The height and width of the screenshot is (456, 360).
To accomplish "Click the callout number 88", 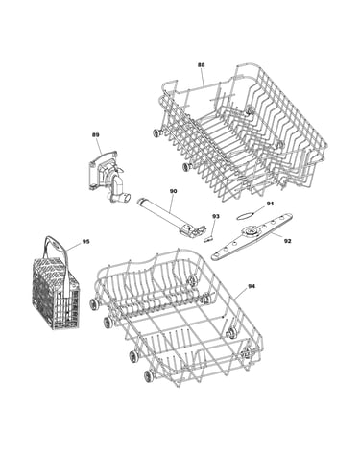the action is pos(201,65).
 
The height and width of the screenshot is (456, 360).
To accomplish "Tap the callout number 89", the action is pos(95,135).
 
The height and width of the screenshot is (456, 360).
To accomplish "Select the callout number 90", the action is pos(173,191).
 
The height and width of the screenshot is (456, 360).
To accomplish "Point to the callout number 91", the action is pos(271,204).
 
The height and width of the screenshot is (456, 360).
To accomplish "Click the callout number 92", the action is pos(287,241).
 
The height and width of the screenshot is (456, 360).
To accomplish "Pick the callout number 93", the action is pos(216,217).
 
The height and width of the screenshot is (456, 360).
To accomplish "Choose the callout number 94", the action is pos(252,287).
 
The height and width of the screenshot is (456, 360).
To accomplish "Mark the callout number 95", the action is pos(85,242).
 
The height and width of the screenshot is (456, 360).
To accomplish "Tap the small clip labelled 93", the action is pos(207,239).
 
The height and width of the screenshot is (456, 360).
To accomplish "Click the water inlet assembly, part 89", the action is pos(107,177).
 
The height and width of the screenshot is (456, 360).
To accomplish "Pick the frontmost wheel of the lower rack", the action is pos(149,375).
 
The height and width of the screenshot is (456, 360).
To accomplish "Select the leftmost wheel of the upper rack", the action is pos(156,133).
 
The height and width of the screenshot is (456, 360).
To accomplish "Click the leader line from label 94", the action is pos(240,294).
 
